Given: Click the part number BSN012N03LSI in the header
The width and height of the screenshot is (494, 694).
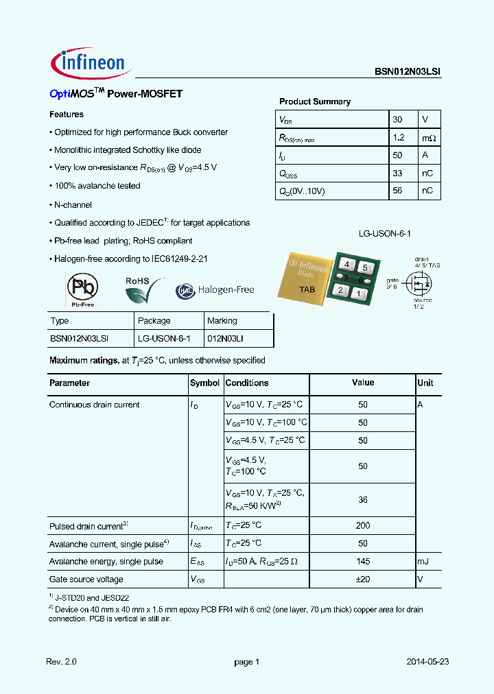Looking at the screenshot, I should (x=408, y=71).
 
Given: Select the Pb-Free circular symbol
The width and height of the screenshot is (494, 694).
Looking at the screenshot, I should (x=82, y=289).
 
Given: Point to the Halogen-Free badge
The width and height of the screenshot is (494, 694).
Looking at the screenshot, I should (x=215, y=290).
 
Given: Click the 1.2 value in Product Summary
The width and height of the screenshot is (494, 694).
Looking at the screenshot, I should (x=399, y=137).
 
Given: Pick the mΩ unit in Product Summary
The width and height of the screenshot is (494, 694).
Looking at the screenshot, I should (x=428, y=137).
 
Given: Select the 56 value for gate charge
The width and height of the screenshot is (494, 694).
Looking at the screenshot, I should (x=397, y=191).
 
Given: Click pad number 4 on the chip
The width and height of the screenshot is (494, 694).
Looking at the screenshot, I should (x=348, y=265).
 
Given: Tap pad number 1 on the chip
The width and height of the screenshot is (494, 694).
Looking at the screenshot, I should (x=358, y=294).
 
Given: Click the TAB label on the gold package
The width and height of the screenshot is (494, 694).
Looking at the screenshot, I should (x=307, y=289).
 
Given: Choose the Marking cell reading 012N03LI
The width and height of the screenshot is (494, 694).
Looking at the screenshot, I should (x=226, y=339).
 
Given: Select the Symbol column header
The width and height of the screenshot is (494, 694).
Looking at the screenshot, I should (x=204, y=383).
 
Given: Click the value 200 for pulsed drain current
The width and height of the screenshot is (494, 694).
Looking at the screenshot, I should (x=363, y=525).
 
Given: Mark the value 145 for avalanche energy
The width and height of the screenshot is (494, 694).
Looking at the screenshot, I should (x=363, y=561).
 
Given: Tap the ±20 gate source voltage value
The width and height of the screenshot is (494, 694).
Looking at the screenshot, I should (x=363, y=579).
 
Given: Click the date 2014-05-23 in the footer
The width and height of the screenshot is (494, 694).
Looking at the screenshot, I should (x=427, y=662).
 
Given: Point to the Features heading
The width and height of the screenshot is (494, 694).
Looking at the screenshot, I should (x=67, y=115).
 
